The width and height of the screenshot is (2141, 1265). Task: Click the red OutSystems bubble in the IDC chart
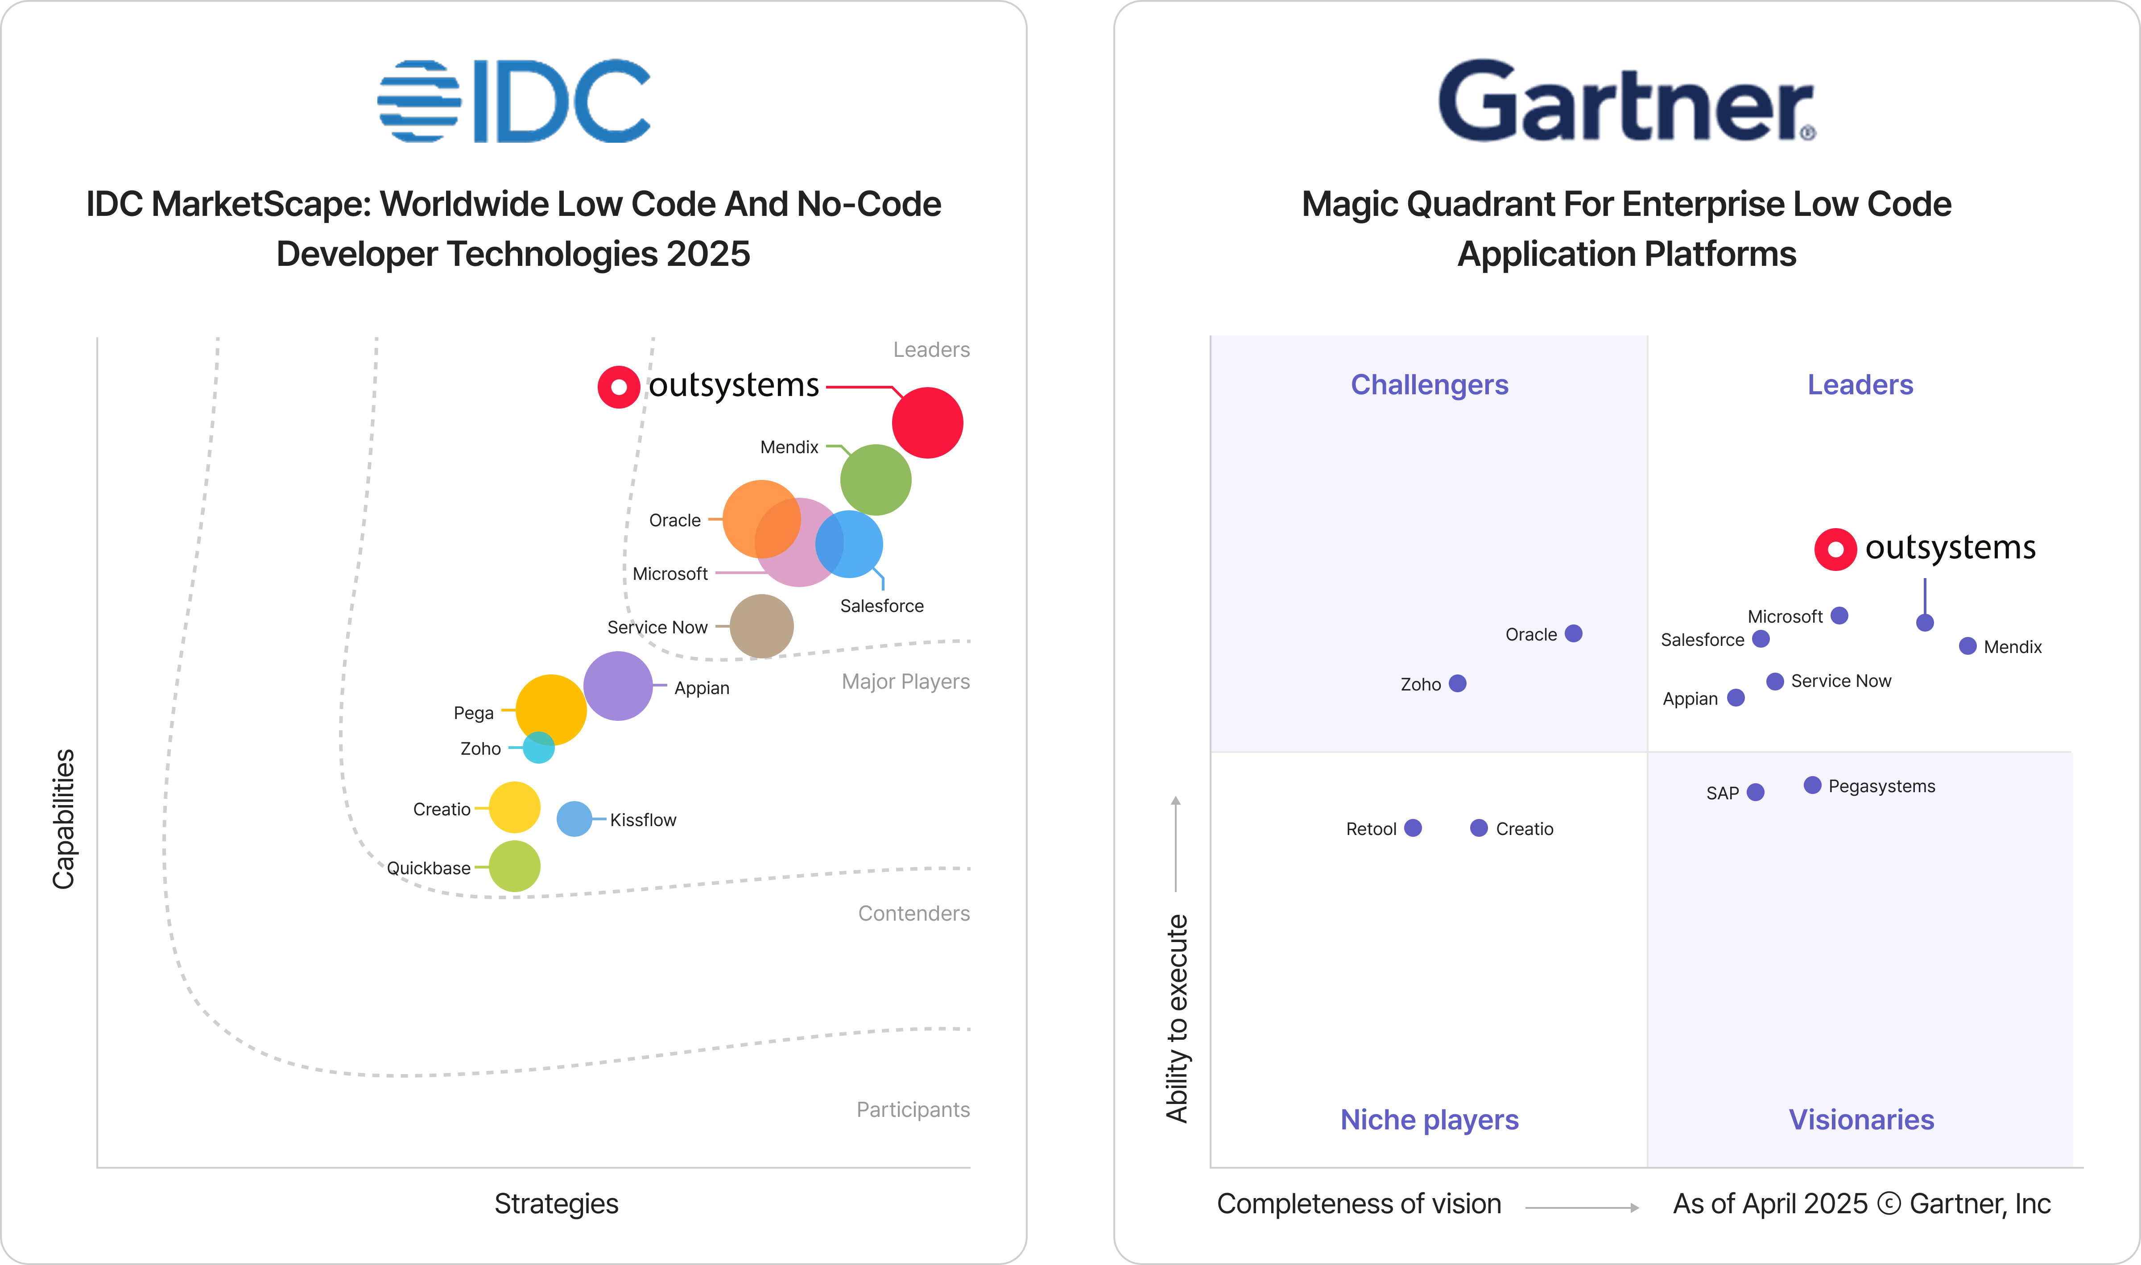click(x=927, y=423)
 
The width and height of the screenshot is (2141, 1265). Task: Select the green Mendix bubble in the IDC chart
click(x=875, y=480)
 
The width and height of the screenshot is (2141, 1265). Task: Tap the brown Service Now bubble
click(x=761, y=627)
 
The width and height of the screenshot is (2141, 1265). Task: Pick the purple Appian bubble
click(x=618, y=686)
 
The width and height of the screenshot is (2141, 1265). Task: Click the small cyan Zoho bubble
click(x=539, y=748)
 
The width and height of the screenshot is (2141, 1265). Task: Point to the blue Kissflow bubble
click(x=575, y=819)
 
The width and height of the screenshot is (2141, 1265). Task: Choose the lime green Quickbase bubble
click(x=514, y=866)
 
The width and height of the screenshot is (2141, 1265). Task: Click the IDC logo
click(x=514, y=101)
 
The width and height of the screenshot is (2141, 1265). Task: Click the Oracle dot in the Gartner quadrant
click(x=1573, y=633)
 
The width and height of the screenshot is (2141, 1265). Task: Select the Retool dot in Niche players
click(x=1412, y=828)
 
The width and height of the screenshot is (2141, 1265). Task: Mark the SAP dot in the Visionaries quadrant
click(x=1755, y=792)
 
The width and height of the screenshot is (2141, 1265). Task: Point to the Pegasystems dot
click(x=1812, y=785)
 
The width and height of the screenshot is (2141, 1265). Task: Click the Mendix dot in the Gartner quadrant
click(x=1967, y=646)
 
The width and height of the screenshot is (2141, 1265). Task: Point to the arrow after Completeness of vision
click(x=1581, y=1207)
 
